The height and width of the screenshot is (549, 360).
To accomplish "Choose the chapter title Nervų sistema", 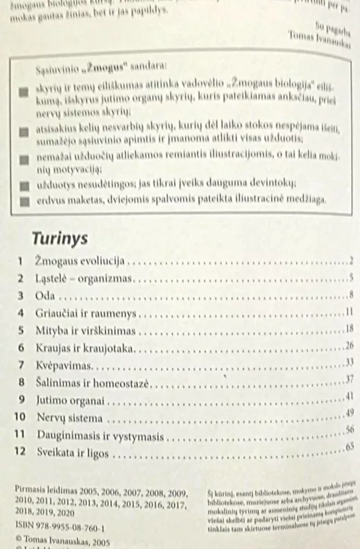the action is (x=67, y=417).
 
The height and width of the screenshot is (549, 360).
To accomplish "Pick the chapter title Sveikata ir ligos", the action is (x=71, y=453).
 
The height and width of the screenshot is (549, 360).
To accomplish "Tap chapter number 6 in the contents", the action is (x=22, y=347).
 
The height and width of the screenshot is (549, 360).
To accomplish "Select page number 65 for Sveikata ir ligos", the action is (x=350, y=447).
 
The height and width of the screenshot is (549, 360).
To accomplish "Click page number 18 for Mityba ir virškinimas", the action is (x=350, y=328).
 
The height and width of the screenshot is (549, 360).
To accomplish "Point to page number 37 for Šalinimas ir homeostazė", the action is (x=350, y=379).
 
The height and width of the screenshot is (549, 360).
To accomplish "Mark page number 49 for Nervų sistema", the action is (x=350, y=412).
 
